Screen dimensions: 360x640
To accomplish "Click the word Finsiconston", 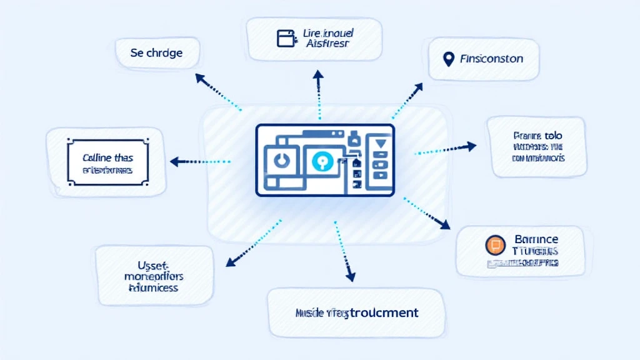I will click(491, 59).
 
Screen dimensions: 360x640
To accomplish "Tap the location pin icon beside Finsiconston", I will click(447, 59).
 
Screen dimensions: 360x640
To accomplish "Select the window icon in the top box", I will click(285, 38).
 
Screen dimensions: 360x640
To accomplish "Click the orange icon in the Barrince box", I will click(494, 245).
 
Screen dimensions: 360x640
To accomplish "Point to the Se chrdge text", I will click(156, 53).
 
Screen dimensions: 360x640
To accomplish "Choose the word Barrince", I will click(536, 239).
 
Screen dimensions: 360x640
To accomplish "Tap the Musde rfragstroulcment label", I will click(356, 312).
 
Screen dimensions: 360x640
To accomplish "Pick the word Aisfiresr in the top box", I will click(329, 44).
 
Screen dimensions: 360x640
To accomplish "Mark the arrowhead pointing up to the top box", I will click(318, 74).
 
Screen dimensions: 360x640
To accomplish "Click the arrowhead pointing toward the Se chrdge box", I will click(200, 77).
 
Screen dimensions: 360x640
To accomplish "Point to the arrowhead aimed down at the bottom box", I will click(350, 276).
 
